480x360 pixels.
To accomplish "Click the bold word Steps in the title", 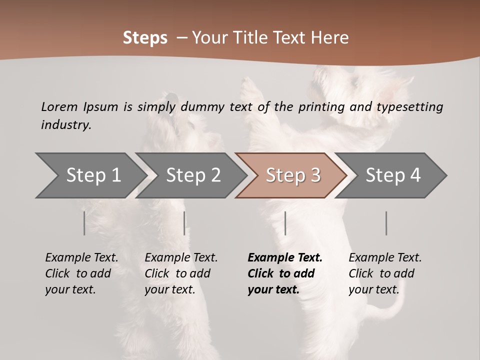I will pos(145,38).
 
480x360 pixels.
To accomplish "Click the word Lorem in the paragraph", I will pos(59,106).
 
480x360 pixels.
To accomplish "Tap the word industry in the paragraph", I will pos(66,124).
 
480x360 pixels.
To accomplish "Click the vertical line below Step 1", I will pos(84,223).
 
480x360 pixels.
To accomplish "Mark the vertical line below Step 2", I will pos(184,223).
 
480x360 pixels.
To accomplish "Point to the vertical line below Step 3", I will pos(285,223).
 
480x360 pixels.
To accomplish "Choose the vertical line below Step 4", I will pos(386,223).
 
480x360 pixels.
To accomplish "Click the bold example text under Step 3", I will pos(284,273).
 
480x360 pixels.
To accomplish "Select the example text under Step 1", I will pos(81,273).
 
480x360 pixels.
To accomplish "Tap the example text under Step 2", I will pos(181,273).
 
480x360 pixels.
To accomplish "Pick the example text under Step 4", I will pos(385,273).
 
